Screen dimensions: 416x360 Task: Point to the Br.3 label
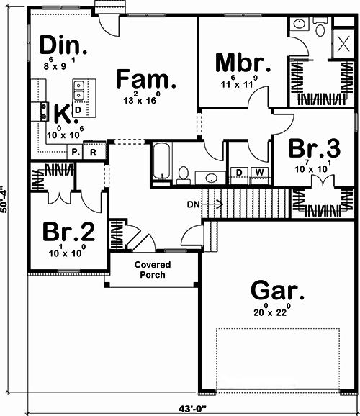coord(314,148)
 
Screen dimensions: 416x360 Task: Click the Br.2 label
coord(68,232)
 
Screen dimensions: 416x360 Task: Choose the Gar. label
coord(277,291)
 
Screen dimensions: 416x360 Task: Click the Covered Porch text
coord(151,269)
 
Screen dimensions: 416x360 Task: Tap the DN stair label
coord(192,204)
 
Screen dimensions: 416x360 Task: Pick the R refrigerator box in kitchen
coord(93,153)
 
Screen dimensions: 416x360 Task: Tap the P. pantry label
coord(74,153)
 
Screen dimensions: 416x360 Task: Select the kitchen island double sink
coord(78,92)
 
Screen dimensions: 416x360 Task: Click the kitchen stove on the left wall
coord(34,112)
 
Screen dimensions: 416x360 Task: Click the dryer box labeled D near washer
coord(239,172)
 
